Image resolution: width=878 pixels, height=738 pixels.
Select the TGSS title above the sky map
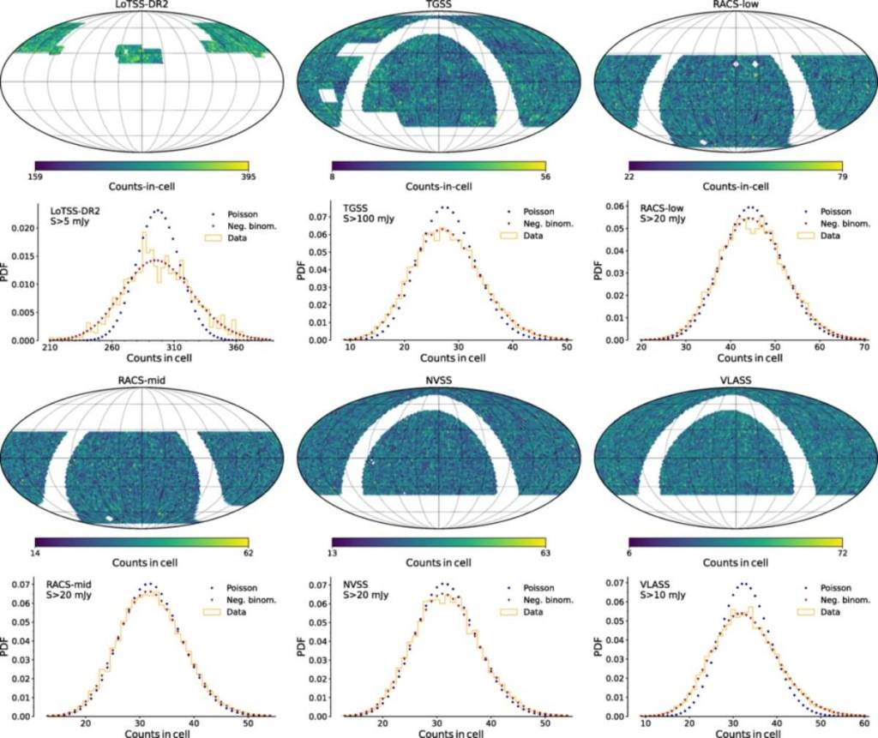tap(438, 5)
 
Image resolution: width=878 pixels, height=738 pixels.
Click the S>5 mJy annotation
tap(71, 225)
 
